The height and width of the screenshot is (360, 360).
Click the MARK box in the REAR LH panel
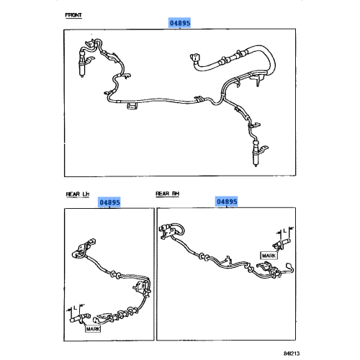pos(94,329)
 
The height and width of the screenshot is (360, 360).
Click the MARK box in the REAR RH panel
pos(269,256)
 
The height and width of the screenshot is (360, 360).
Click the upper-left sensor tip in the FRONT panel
pos(83,71)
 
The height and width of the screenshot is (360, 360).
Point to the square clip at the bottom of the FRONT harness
pos(132,108)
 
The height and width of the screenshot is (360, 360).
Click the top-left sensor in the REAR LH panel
pos(79,250)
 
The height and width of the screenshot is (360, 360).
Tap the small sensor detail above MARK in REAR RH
pos(280,241)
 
